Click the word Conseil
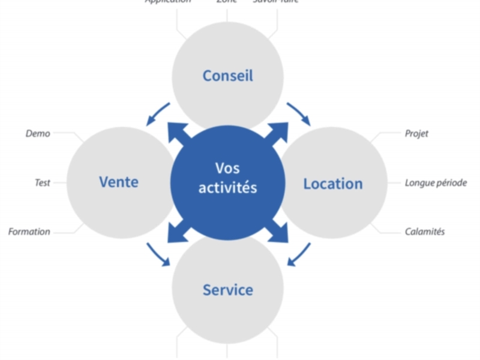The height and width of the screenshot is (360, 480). click(227, 76)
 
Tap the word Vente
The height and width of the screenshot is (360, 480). click(119, 182)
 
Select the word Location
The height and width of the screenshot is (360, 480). click(332, 184)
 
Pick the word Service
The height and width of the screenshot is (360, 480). click(227, 290)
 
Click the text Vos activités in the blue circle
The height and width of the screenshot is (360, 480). click(227, 178)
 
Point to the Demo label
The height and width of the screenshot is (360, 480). click(38, 134)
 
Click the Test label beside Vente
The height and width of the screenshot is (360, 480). click(42, 183)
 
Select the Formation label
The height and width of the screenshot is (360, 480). click(29, 232)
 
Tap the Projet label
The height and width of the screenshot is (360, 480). click(416, 134)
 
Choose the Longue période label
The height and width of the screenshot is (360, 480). click(436, 183)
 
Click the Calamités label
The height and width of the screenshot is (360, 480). click(425, 232)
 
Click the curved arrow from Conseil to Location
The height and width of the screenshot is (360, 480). click(299, 113)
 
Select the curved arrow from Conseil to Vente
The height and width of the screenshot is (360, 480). click(157, 113)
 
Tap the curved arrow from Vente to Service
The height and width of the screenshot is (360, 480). click(157, 254)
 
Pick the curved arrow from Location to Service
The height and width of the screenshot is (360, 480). click(299, 254)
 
